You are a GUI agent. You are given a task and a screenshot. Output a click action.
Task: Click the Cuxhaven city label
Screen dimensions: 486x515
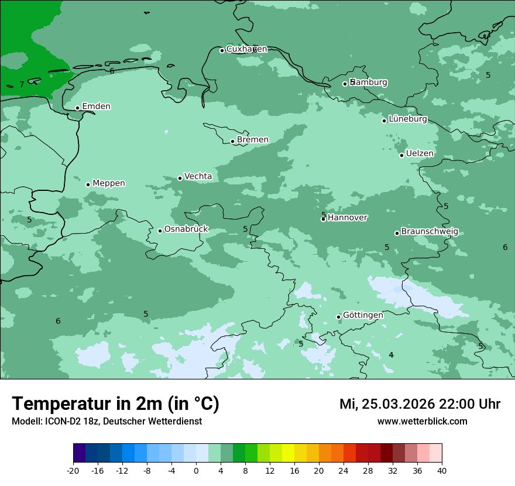(x=246, y=49)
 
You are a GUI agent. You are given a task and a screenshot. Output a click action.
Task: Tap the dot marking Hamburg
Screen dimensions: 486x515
(x=345, y=84)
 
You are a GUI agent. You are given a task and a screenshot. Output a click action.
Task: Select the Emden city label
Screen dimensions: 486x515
(x=96, y=106)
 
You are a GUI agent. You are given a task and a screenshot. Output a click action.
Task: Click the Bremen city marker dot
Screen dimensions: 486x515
(x=232, y=141)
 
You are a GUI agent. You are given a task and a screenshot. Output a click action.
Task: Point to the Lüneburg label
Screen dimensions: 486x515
(x=408, y=119)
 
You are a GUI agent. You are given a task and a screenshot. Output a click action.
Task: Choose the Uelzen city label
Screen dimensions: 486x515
(x=420, y=153)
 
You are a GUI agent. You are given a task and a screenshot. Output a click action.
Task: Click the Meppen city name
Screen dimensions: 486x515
(x=109, y=183)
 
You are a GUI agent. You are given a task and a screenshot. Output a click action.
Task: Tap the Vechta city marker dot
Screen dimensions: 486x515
(x=180, y=178)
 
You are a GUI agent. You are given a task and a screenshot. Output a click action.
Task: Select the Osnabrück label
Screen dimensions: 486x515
(x=186, y=229)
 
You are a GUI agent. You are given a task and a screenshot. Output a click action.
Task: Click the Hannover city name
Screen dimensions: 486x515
(x=347, y=217)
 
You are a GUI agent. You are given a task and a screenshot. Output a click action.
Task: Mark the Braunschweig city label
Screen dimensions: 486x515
(x=430, y=231)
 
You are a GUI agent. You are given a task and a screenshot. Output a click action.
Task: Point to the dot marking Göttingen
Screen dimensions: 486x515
(x=338, y=317)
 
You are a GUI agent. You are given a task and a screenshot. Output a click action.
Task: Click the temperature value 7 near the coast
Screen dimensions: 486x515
(x=22, y=85)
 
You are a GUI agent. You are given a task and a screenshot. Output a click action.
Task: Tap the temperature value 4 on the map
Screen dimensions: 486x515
(x=391, y=355)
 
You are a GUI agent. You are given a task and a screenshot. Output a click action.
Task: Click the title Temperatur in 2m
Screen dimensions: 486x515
(x=115, y=404)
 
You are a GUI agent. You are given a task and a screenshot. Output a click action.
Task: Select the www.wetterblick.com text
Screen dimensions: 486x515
(x=422, y=422)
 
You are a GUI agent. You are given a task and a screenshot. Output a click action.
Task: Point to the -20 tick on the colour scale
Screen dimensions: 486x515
(x=73, y=470)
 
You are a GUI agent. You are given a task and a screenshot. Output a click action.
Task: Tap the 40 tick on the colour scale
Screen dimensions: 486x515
(x=442, y=470)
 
